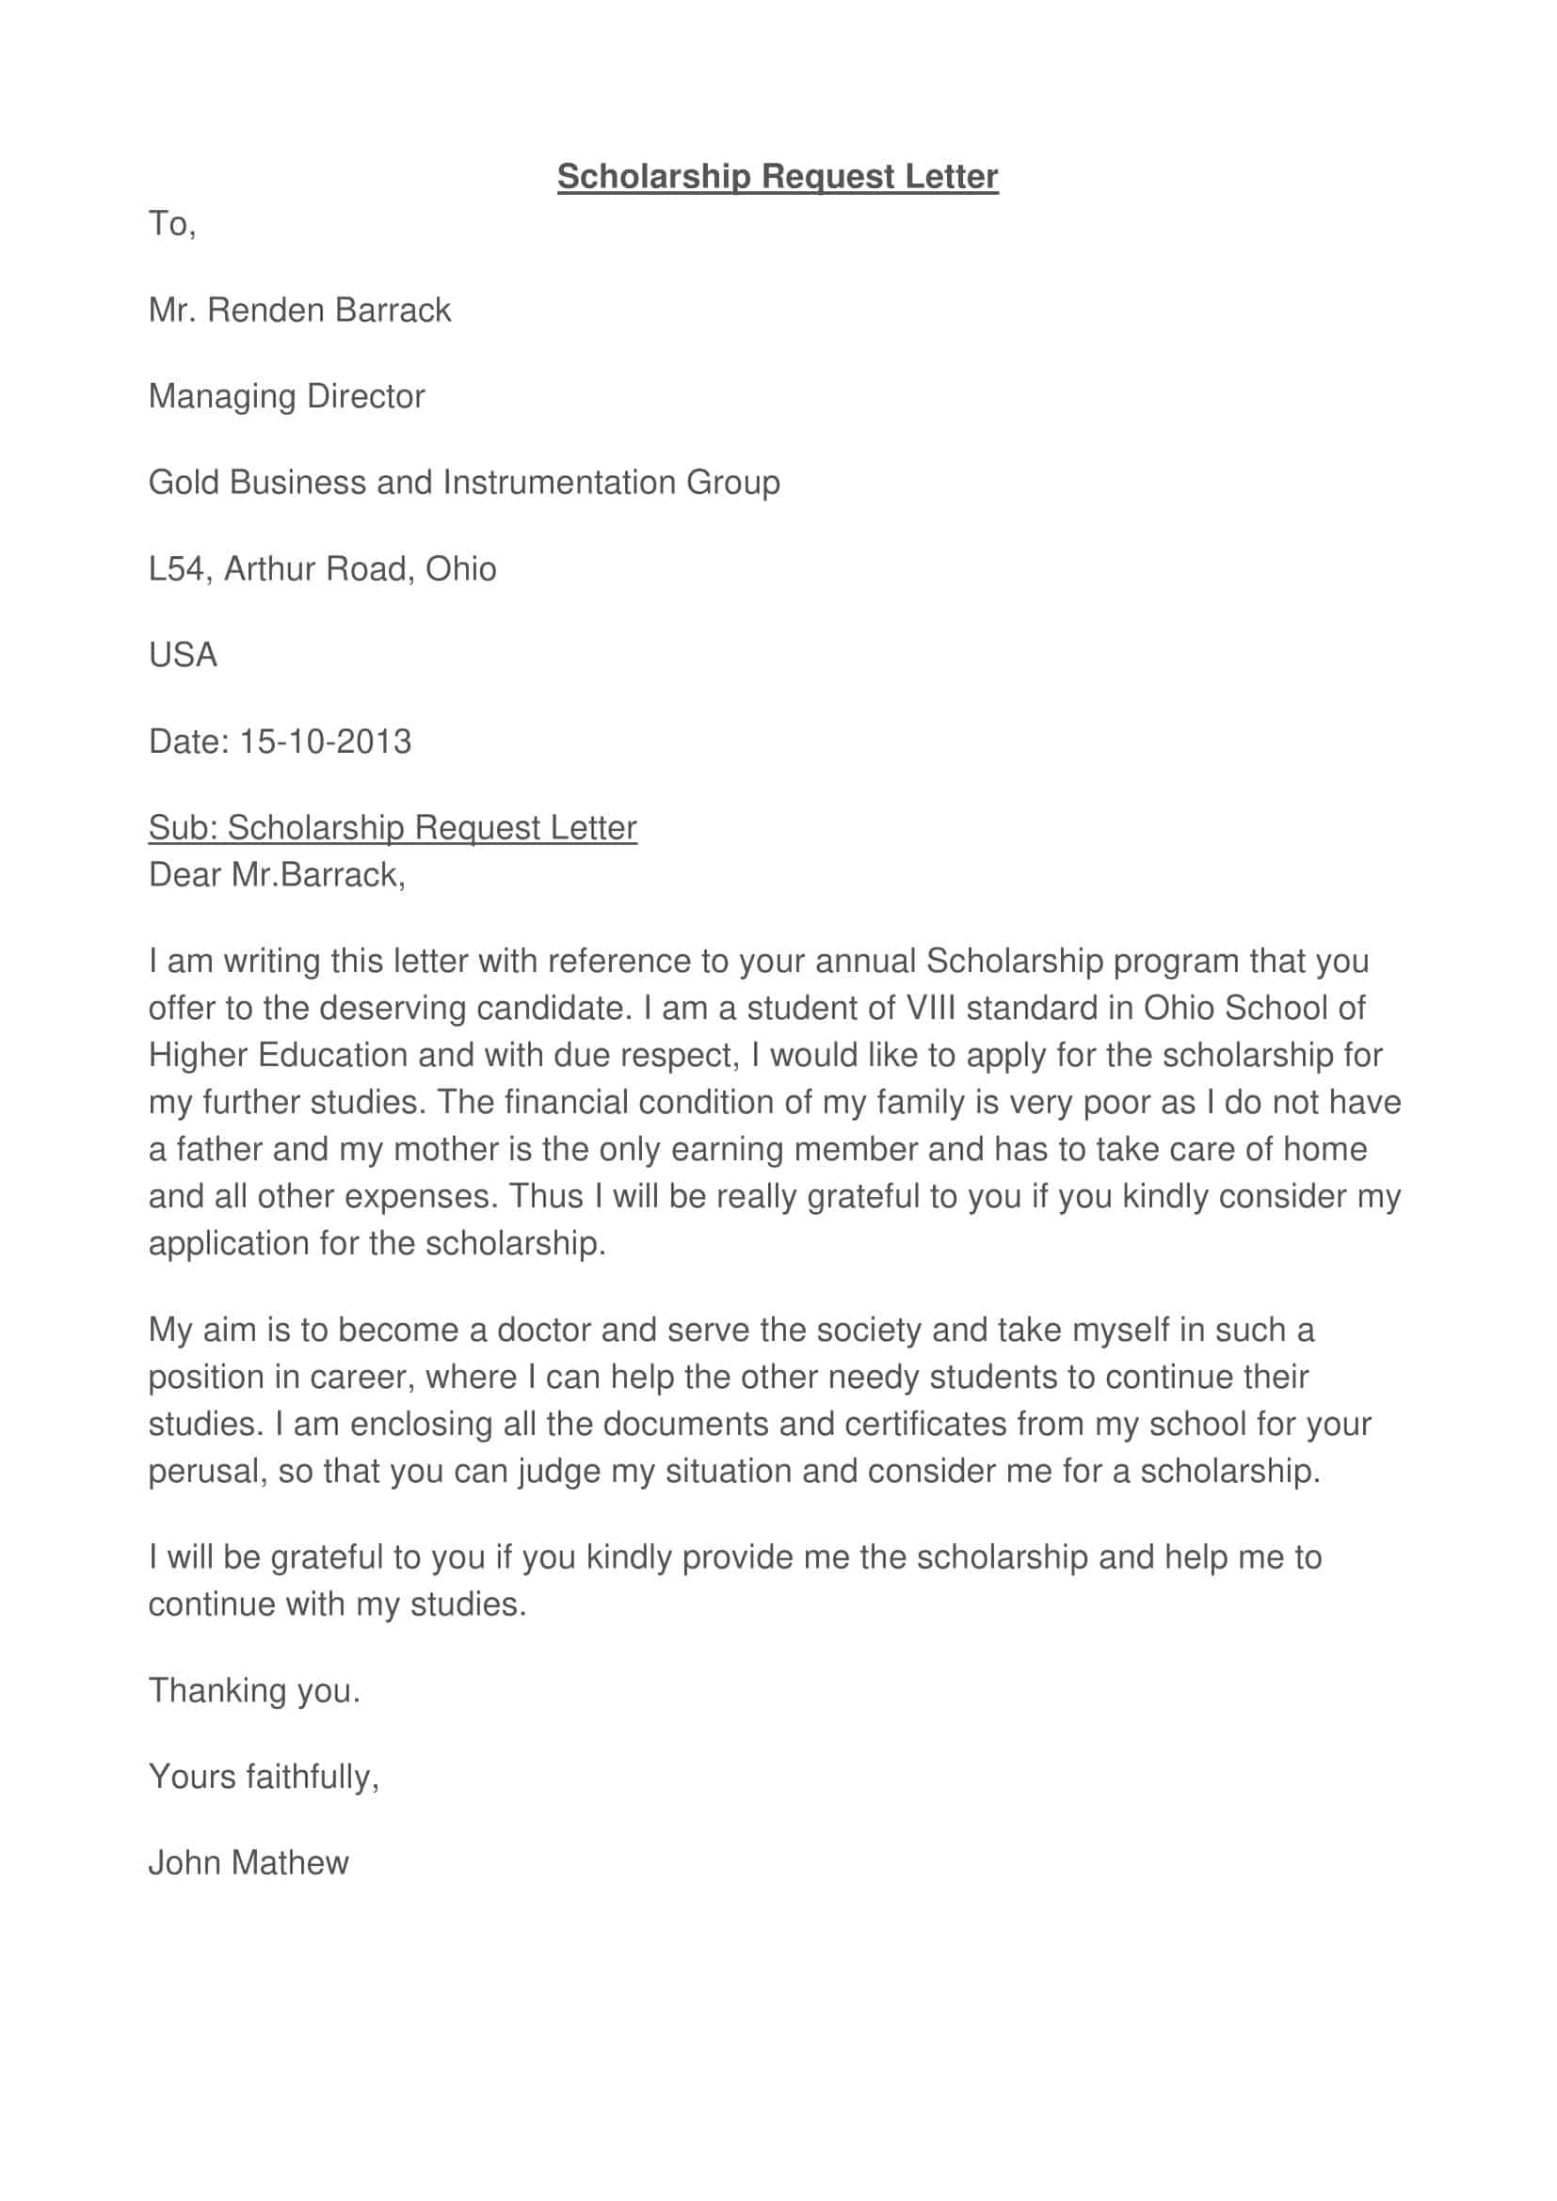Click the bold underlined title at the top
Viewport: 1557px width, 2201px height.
[x=778, y=176]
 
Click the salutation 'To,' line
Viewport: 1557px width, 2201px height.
[x=171, y=224]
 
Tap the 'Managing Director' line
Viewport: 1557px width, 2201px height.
[x=286, y=397]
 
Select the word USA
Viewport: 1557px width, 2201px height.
[x=183, y=656]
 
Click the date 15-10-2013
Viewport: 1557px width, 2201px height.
[x=325, y=742]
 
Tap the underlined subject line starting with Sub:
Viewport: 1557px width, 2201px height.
[x=393, y=828]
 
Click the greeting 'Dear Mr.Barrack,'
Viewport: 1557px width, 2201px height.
[x=276, y=875]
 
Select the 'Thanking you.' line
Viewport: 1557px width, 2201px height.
[x=254, y=1690]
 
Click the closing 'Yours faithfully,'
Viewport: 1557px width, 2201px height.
[x=264, y=1777]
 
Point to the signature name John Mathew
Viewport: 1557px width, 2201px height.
[x=249, y=1862]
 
